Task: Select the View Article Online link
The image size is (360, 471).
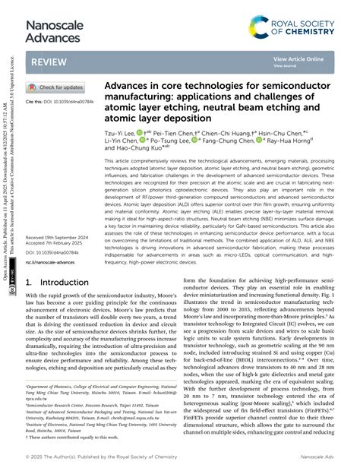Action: click(x=298, y=58)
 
